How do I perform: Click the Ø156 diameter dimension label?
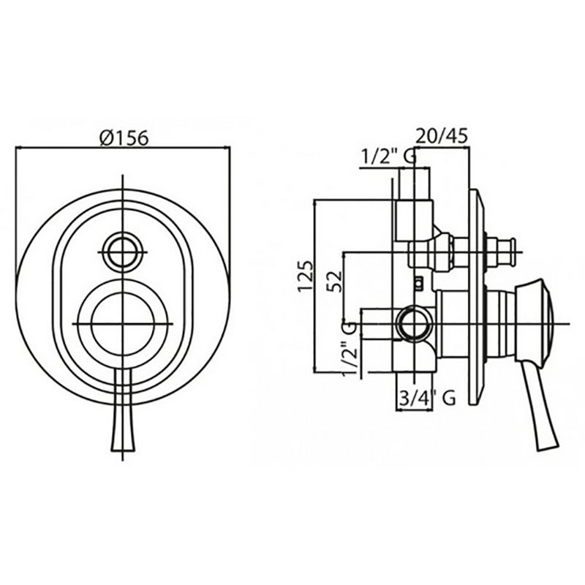(124, 137)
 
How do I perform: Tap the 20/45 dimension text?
(442, 136)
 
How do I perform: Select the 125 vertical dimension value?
(306, 276)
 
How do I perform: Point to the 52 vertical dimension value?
(335, 281)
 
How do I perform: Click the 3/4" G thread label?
(427, 398)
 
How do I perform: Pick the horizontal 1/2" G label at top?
(388, 156)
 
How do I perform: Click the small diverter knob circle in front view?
(123, 252)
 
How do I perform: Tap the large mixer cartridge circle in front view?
(123, 323)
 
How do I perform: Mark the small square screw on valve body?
(419, 284)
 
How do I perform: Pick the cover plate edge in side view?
(475, 297)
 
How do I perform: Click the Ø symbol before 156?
(105, 138)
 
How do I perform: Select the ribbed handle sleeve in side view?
(501, 323)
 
